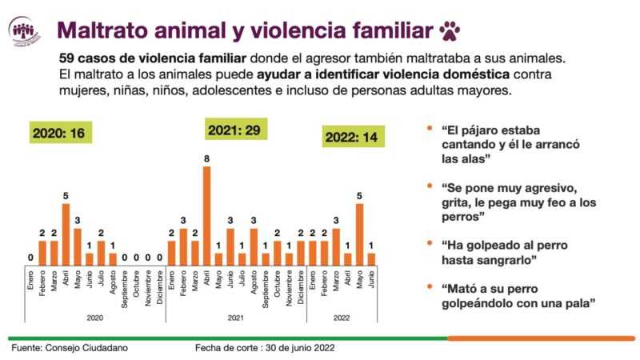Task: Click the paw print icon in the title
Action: point(450,30)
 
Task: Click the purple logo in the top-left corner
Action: point(24,31)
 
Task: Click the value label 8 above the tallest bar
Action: point(206,158)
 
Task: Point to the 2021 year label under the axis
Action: point(235,318)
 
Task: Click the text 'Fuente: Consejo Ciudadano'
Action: point(69,349)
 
